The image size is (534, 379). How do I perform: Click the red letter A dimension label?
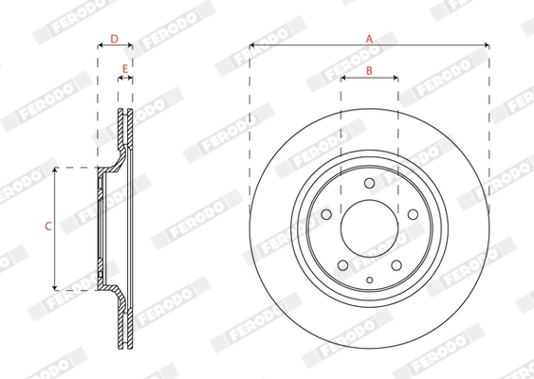coord(370,38)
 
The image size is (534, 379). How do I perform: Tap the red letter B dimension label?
coord(369,72)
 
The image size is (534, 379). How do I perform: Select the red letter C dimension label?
coord(47,226)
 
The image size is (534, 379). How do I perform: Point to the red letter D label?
coord(114,39)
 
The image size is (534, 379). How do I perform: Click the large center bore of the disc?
coord(369,227)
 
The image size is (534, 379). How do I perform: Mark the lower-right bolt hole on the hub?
coord(395,262)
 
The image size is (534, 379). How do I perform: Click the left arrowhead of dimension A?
coord(252,45)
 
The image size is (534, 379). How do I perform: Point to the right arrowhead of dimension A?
coord(487,45)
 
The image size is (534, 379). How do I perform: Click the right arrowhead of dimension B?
coord(395,81)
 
